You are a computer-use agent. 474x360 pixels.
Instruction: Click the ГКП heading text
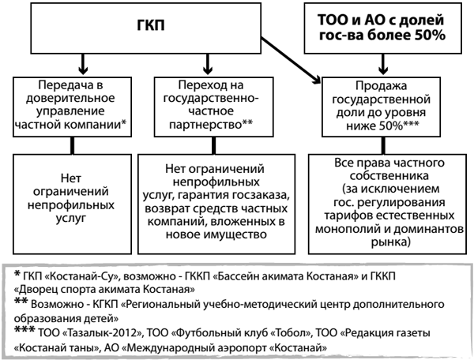click(x=151, y=24)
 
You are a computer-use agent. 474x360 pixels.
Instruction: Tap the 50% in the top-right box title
click(x=431, y=36)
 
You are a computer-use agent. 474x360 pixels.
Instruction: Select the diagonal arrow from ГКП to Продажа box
click(x=291, y=60)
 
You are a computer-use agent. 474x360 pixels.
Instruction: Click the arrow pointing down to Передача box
click(x=82, y=64)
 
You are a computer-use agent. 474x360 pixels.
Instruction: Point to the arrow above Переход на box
click(x=207, y=64)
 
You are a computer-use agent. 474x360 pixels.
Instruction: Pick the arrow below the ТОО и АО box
click(x=383, y=64)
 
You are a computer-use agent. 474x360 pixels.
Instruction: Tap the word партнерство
click(x=205, y=125)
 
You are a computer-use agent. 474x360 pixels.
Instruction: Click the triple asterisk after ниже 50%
click(x=412, y=123)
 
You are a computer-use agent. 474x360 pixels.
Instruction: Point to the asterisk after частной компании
click(x=123, y=122)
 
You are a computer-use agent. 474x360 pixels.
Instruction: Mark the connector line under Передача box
click(x=72, y=145)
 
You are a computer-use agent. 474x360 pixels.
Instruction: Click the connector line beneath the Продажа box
click(x=383, y=145)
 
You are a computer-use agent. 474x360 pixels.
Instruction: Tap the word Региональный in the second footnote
click(x=160, y=304)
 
